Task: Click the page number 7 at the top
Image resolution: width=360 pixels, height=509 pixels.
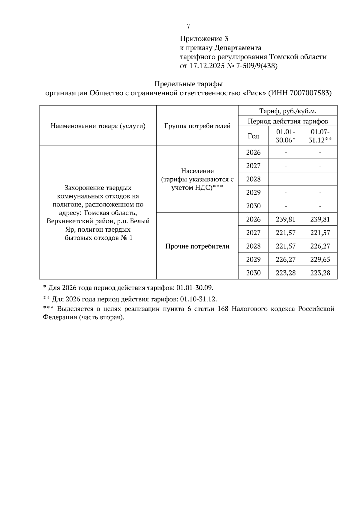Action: (188, 26)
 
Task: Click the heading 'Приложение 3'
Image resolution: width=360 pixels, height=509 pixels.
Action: (204, 39)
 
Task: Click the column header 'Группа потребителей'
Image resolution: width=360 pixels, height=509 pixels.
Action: (197, 126)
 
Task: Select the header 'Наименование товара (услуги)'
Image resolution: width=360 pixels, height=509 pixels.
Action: (98, 126)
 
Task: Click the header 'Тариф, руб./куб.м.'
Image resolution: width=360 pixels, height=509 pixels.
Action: (288, 111)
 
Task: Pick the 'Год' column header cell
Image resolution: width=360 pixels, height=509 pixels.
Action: (253, 136)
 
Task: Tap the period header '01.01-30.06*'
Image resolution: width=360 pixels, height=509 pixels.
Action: (286, 136)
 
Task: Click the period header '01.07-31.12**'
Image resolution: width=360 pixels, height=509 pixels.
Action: (320, 136)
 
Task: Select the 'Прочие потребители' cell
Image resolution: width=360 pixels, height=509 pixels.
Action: (197, 246)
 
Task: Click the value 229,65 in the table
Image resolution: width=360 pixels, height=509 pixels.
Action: (320, 260)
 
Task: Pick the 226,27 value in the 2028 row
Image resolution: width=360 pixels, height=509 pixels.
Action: (320, 246)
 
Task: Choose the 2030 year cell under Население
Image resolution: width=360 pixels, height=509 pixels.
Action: (253, 206)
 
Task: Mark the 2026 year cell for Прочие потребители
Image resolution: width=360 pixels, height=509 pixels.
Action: (253, 219)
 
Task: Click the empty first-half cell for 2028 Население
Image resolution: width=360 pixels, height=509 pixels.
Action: (286, 179)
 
